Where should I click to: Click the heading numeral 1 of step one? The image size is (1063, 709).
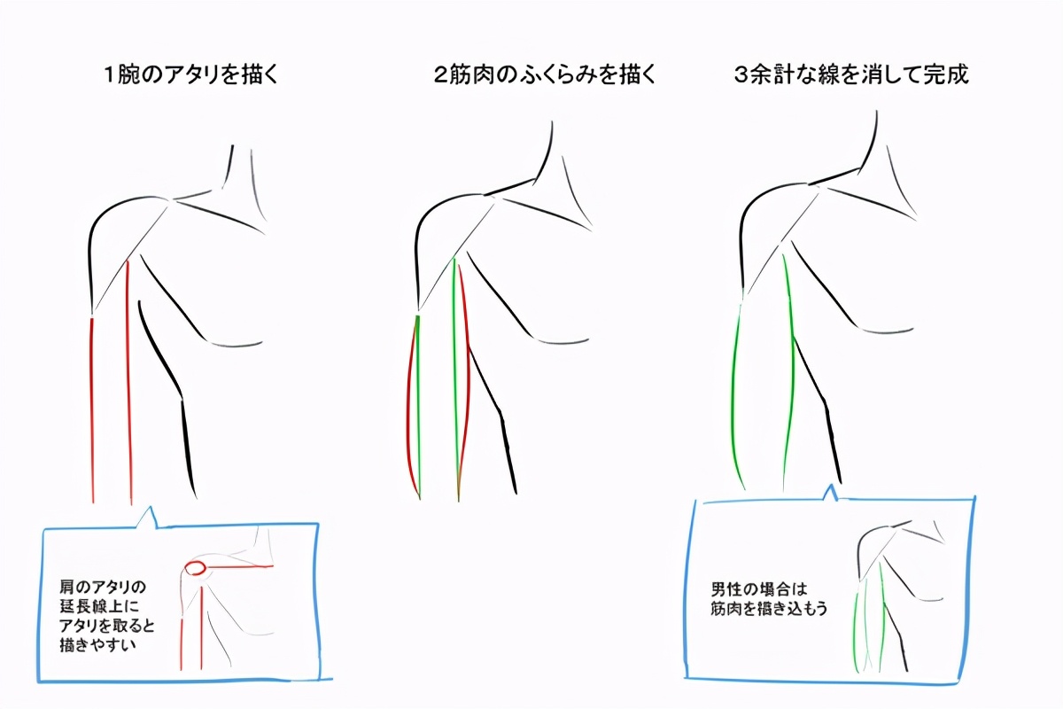click(110, 75)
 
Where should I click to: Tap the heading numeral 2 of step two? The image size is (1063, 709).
click(441, 75)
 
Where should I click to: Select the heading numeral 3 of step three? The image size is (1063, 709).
click(741, 75)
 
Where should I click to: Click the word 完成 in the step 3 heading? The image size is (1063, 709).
click(945, 75)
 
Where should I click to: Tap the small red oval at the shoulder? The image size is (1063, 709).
click(195, 567)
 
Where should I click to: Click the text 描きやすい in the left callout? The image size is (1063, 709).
click(97, 645)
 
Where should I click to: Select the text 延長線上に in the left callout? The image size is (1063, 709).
click(99, 606)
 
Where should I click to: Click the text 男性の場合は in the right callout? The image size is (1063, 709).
click(759, 589)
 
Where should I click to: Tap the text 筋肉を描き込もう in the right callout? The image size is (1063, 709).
click(769, 609)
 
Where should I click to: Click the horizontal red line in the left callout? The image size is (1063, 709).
click(240, 566)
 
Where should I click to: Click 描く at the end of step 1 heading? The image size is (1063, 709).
click(259, 75)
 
